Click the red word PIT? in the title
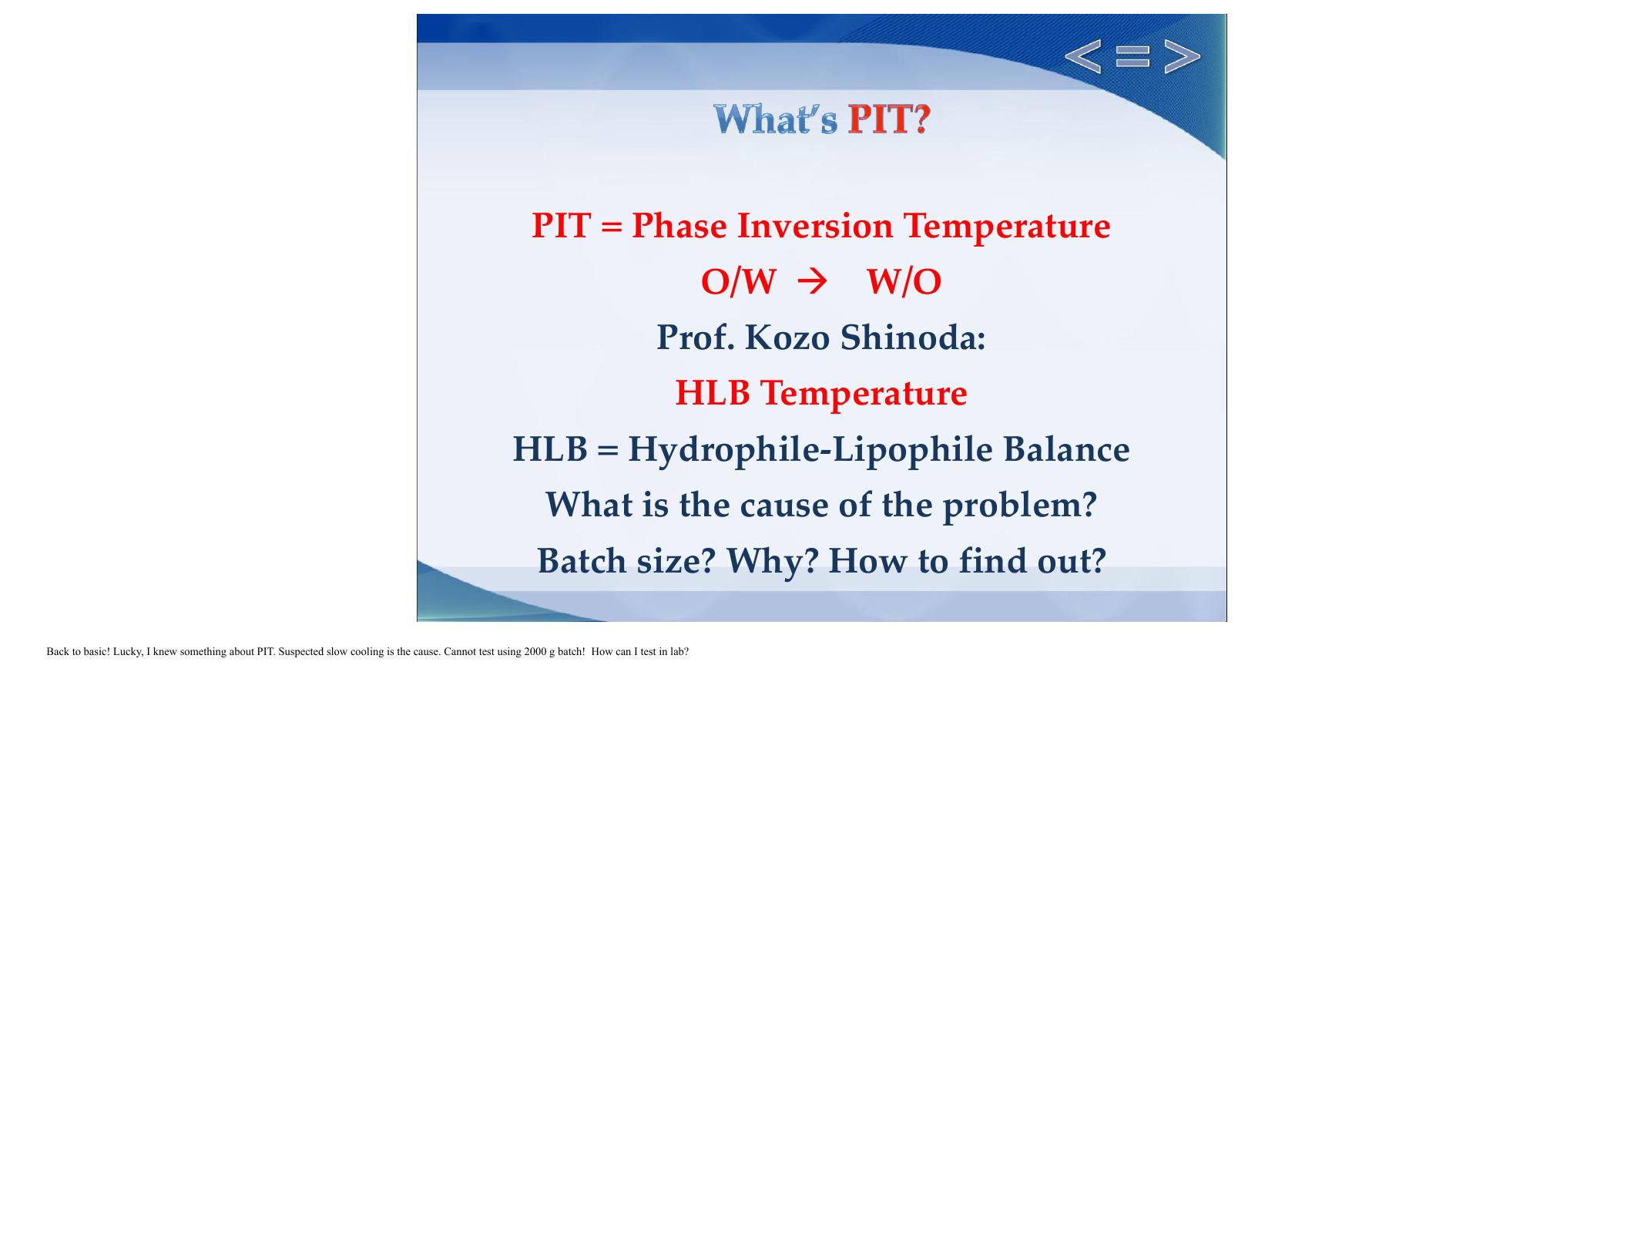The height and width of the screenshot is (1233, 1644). (889, 120)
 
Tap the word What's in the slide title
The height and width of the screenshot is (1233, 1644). (775, 120)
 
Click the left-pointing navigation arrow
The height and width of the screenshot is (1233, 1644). (1082, 57)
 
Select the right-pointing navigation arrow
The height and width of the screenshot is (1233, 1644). (1182, 57)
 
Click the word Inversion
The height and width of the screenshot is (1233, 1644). (815, 226)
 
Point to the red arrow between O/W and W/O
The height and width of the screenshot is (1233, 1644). (812, 282)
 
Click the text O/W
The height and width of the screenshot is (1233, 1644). (738, 282)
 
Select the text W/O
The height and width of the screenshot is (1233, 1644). (904, 282)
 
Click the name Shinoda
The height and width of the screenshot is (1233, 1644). (912, 338)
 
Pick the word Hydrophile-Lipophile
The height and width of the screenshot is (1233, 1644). (810, 449)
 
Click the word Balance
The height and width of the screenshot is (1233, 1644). (1065, 449)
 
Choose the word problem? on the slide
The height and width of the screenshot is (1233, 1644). (1019, 506)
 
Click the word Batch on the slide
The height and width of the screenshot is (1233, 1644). (582, 561)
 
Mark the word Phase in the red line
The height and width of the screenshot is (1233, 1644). (679, 226)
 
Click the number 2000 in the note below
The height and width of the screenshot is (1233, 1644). (535, 652)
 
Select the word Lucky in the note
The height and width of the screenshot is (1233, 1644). (127, 652)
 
